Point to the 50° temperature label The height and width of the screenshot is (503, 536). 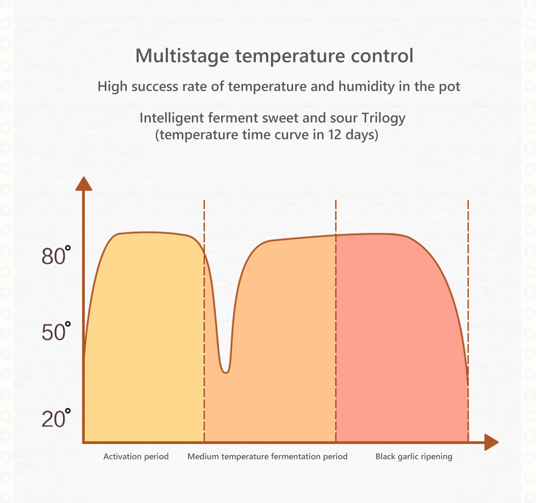click(56, 332)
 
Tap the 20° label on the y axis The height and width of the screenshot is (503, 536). click(56, 418)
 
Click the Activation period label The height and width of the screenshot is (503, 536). click(136, 456)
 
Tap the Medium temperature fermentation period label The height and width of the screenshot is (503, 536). click(267, 456)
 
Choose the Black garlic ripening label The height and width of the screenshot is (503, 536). click(414, 456)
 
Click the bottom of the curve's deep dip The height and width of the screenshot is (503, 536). click(226, 372)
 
